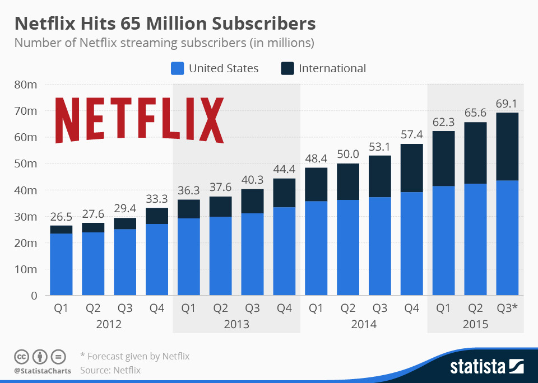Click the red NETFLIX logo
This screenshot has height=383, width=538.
139,120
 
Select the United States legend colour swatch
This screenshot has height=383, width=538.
177,68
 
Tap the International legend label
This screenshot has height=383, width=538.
332,68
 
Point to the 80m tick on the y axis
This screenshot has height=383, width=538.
25,85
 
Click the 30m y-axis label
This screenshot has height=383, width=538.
25,217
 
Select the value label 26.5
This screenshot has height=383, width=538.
61,217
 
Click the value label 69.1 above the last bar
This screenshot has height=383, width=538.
507,104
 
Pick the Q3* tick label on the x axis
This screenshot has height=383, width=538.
507,309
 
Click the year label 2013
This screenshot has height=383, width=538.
236,324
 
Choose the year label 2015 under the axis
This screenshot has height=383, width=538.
475,324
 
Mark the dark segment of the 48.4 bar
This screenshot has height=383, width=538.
316,184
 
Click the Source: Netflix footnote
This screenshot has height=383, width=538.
110,370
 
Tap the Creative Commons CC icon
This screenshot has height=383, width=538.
21,356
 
